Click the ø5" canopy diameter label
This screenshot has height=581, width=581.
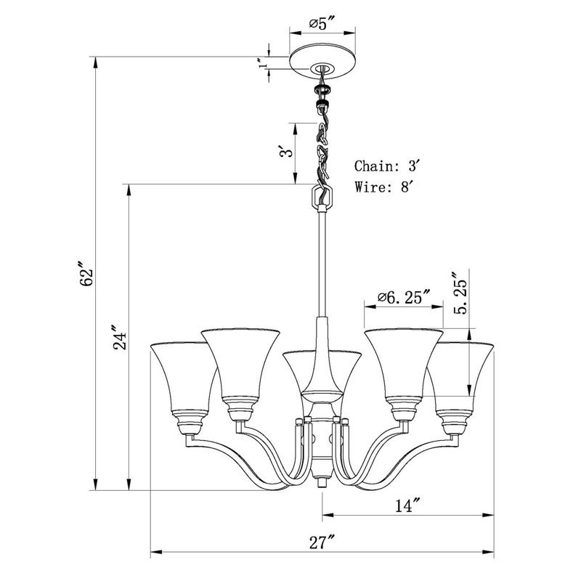click(x=322, y=25)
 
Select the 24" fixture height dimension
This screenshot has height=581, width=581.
click(x=119, y=338)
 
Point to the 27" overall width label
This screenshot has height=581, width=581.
click(x=322, y=543)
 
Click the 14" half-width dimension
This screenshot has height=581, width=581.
click(x=407, y=505)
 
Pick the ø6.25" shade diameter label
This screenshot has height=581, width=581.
click(x=405, y=297)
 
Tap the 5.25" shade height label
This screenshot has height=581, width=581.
click(x=460, y=293)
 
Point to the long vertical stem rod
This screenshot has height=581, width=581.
click(x=322, y=264)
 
